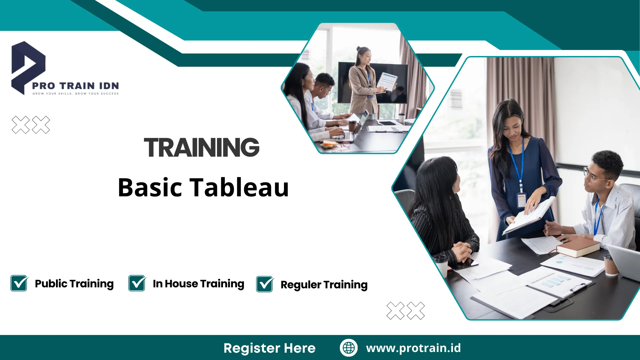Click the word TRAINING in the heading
(x=201, y=148)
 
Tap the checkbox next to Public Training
(x=19, y=283)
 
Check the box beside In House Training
(x=137, y=283)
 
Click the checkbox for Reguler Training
(x=265, y=284)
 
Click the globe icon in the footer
(x=349, y=348)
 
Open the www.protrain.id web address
(x=413, y=348)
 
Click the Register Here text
(x=269, y=348)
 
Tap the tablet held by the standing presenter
(x=387, y=81)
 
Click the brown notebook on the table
(x=578, y=247)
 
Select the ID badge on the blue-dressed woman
(x=521, y=200)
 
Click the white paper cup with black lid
(x=441, y=265)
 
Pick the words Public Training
(x=74, y=284)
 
